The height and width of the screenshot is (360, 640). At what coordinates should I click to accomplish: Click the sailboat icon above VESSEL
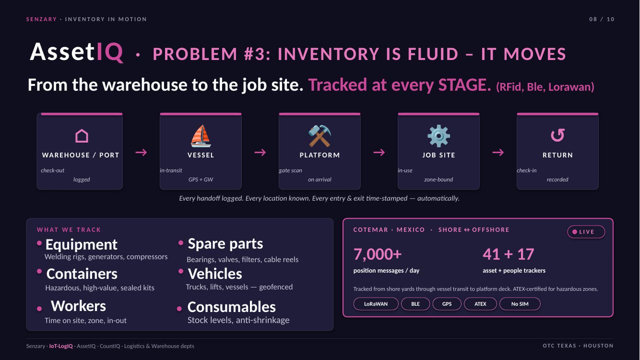(200, 136)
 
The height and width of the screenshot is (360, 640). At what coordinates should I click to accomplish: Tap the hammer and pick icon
(319, 136)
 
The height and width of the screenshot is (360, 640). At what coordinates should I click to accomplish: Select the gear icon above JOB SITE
(438, 136)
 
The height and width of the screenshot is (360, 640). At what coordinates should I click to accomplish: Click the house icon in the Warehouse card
(81, 135)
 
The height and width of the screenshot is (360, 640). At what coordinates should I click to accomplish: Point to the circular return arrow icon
(557, 135)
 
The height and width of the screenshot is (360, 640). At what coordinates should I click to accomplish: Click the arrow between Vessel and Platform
(260, 152)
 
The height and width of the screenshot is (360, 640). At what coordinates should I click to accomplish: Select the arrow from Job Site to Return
(498, 152)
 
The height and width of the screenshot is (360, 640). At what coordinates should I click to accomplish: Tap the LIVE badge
(586, 231)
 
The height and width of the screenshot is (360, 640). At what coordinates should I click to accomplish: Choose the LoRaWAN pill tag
(375, 303)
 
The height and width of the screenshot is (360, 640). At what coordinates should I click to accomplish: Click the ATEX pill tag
(480, 303)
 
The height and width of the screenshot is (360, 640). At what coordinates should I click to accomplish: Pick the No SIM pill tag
(519, 303)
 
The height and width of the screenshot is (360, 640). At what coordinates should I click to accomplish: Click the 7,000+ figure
(377, 254)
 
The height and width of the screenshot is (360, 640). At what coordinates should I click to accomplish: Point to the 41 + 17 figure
(508, 254)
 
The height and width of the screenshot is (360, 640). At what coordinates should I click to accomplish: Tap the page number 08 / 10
(601, 19)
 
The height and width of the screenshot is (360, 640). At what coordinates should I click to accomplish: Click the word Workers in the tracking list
(78, 305)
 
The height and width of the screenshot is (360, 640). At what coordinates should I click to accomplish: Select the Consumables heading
(231, 307)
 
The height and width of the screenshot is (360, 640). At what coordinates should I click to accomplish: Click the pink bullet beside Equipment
(39, 243)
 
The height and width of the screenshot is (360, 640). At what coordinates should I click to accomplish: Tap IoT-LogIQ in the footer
(61, 346)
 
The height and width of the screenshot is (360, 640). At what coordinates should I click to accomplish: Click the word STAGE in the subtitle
(464, 84)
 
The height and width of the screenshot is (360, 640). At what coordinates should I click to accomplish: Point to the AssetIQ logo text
(76, 52)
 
